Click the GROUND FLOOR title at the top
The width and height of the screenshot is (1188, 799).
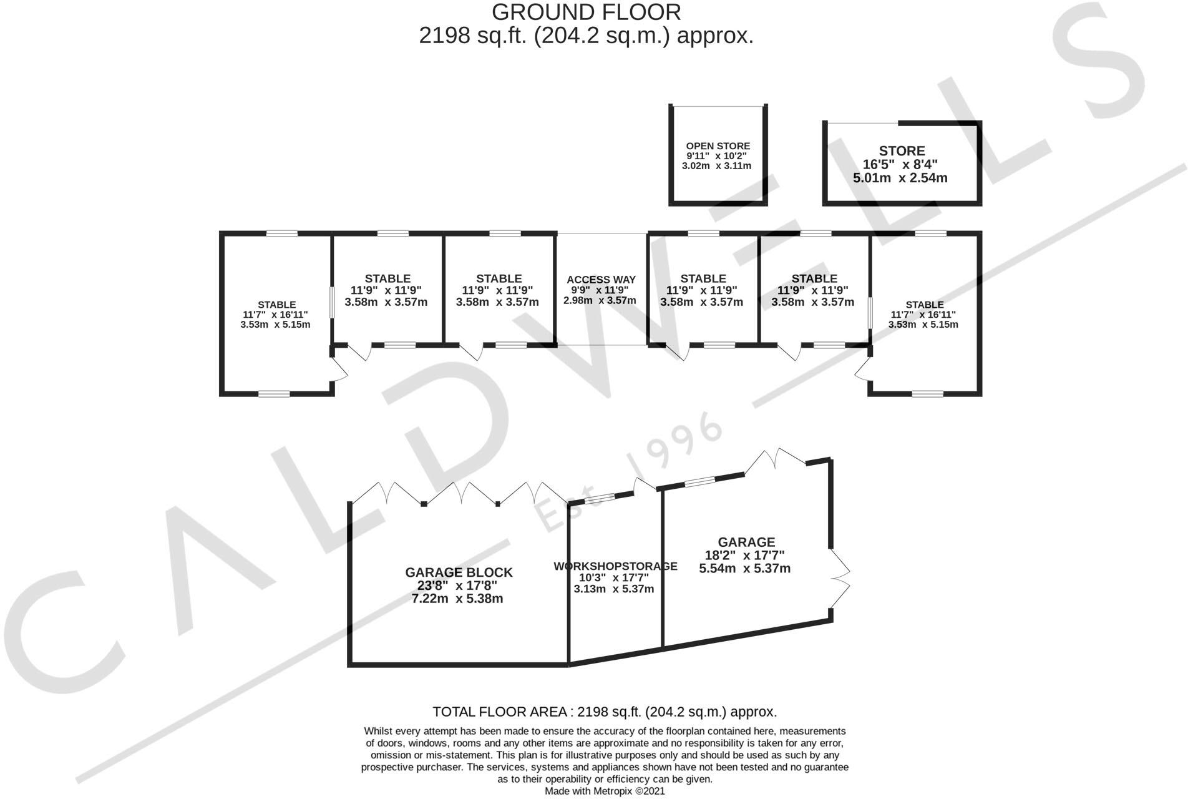[x=586, y=12]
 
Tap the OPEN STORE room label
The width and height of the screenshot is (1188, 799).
[x=718, y=146]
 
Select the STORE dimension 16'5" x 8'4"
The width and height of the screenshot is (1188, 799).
[x=900, y=164]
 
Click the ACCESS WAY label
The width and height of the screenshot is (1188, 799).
[x=601, y=280]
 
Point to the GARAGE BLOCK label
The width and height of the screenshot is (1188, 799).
[x=459, y=572]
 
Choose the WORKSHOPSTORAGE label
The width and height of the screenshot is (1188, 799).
[x=615, y=566]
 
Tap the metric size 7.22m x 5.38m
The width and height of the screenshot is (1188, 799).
[x=457, y=599]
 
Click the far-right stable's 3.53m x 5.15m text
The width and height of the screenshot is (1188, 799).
[x=923, y=325]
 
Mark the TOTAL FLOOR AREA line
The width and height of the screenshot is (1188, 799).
[x=605, y=712]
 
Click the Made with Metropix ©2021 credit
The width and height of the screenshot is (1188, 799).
[x=605, y=791]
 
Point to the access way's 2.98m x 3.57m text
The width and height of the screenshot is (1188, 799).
[x=600, y=300]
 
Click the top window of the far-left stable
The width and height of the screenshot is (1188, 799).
[x=281, y=234]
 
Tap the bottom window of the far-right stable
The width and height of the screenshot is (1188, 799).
[x=927, y=394]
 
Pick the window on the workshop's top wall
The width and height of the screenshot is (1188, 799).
[x=600, y=498]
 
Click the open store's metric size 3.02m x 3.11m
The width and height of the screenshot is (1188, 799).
[x=716, y=166]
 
